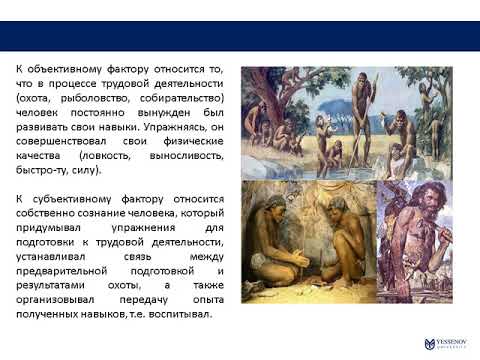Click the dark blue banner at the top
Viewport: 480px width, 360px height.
tap(240, 36)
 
